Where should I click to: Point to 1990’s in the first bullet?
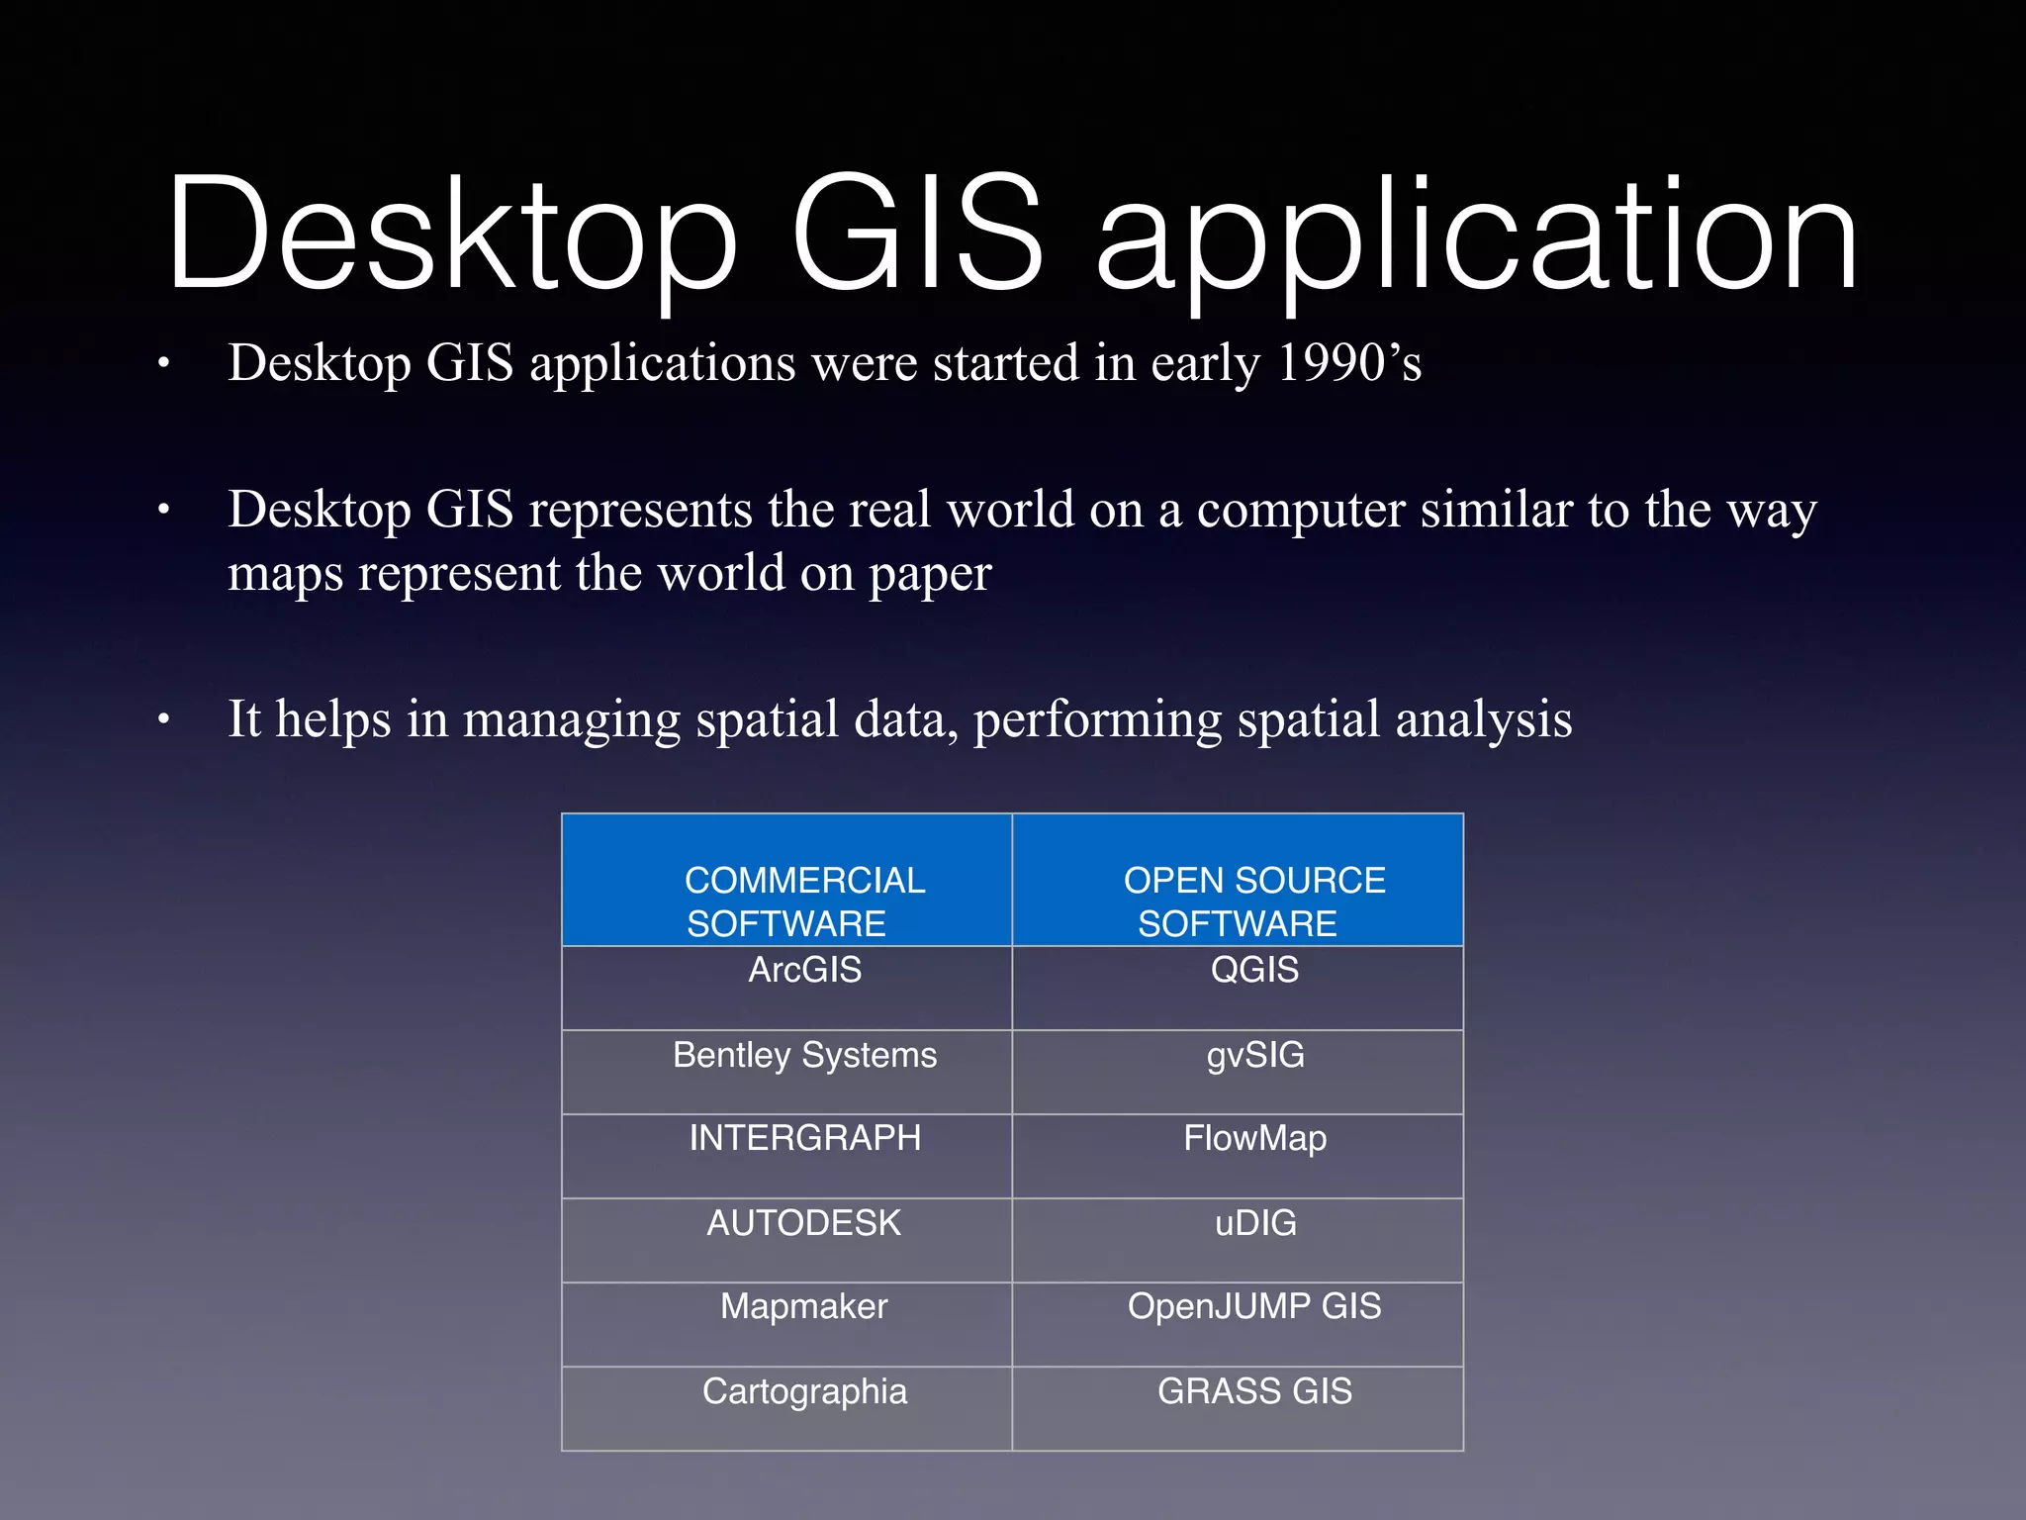click(1348, 363)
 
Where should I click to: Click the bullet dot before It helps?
click(164, 721)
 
